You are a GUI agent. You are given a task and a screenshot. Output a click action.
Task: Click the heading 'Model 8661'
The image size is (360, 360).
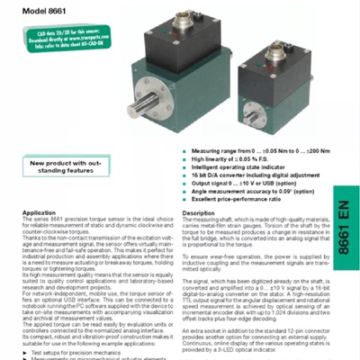point(46,11)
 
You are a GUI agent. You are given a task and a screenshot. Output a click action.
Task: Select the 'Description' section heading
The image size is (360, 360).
point(198,212)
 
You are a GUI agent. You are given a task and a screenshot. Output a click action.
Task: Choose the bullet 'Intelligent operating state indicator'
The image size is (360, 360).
point(232,166)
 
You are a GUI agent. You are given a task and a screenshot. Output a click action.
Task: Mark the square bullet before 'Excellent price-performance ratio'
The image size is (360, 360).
point(184,198)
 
